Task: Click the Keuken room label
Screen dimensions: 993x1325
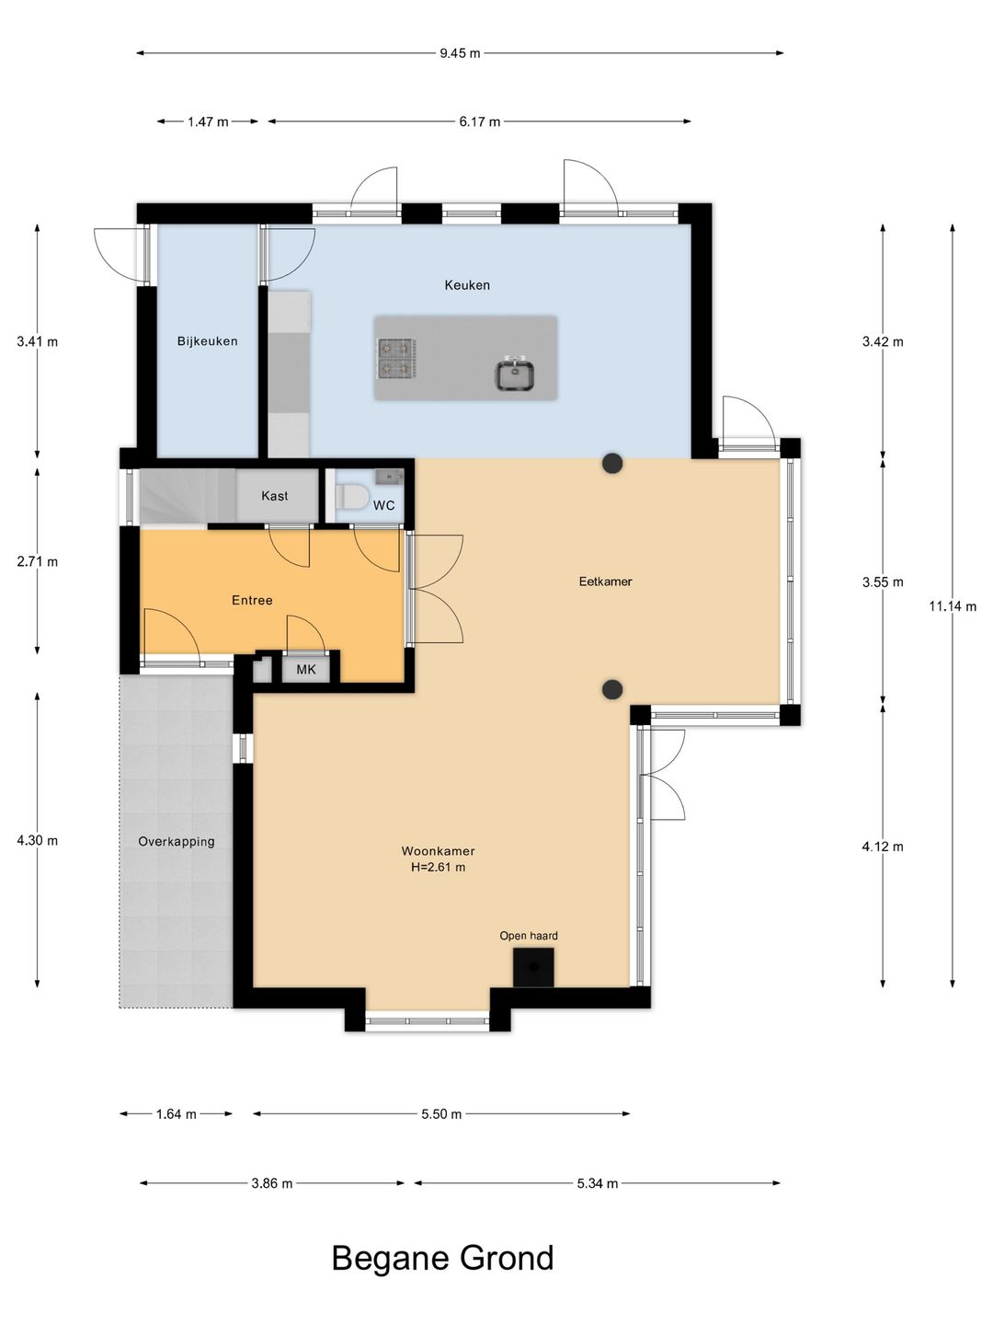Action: [467, 285]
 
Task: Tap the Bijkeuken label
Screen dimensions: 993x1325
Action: [208, 341]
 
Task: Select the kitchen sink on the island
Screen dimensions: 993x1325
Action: [514, 373]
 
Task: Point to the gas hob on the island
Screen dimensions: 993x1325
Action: [396, 358]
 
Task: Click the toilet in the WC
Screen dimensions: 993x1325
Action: [351, 497]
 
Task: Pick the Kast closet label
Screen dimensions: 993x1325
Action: [274, 496]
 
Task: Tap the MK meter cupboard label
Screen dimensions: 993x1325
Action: [306, 670]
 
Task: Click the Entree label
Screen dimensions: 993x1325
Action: [252, 600]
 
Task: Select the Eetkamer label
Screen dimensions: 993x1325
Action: [605, 582]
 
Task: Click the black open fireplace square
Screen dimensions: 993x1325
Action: [533, 967]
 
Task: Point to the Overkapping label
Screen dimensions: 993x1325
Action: [176, 842]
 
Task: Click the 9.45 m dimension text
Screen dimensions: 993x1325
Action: [460, 53]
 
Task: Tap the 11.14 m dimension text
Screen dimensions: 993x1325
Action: [953, 606]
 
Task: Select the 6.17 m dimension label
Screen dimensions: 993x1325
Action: [480, 122]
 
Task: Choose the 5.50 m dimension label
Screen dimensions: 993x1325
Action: [441, 1114]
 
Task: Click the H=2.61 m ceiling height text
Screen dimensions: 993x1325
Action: [439, 868]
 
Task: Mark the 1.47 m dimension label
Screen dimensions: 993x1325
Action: [208, 122]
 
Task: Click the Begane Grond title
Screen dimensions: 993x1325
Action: [442, 1258]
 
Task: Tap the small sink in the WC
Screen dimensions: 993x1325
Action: [390, 477]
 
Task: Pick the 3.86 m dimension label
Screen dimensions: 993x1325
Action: [272, 1183]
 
